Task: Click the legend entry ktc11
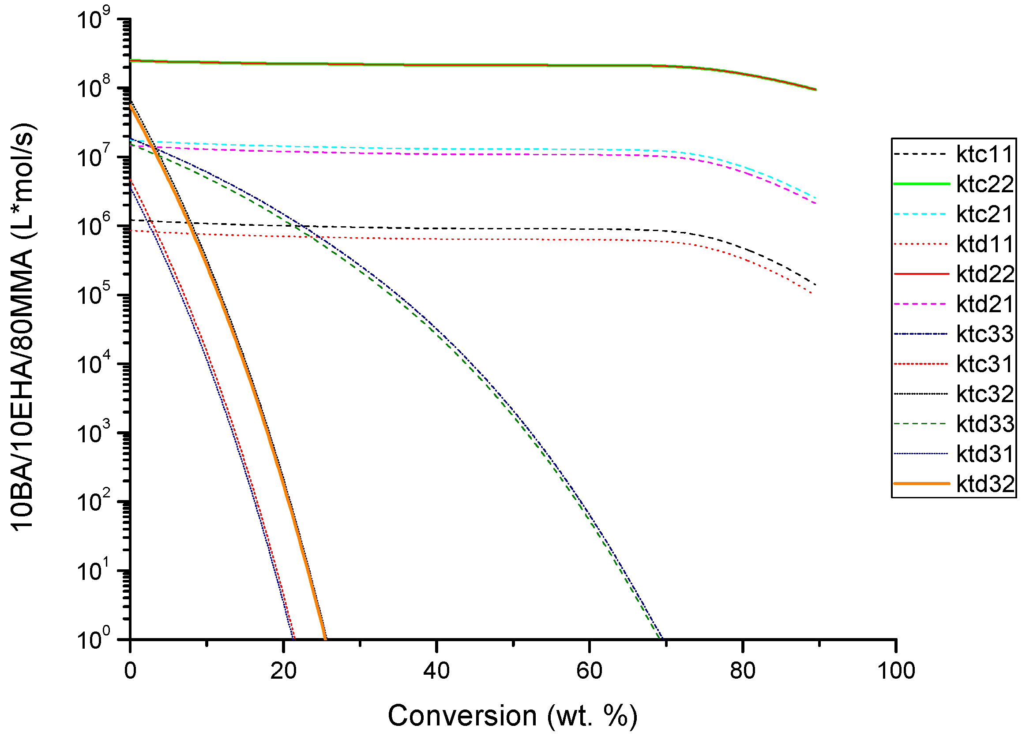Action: pyautogui.click(x=984, y=154)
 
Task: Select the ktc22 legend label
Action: pyautogui.click(x=984, y=184)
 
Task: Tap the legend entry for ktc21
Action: pyautogui.click(x=984, y=214)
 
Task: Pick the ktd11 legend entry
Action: pyautogui.click(x=984, y=244)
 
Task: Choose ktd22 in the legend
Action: pyautogui.click(x=984, y=274)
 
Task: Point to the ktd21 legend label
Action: pyautogui.click(x=984, y=304)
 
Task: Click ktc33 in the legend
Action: pyautogui.click(x=984, y=334)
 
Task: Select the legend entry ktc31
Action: pyautogui.click(x=984, y=364)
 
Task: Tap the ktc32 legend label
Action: pyautogui.click(x=984, y=394)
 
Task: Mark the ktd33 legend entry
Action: pyautogui.click(x=984, y=424)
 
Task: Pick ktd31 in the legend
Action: pyautogui.click(x=984, y=454)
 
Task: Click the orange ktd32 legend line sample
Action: pyautogui.click(x=921, y=484)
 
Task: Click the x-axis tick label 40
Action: pyautogui.click(x=436, y=671)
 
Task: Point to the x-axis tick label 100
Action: pyautogui.click(x=896, y=671)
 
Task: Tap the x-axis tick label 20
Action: pyautogui.click(x=283, y=671)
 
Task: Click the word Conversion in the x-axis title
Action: pyautogui.click(x=462, y=716)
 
